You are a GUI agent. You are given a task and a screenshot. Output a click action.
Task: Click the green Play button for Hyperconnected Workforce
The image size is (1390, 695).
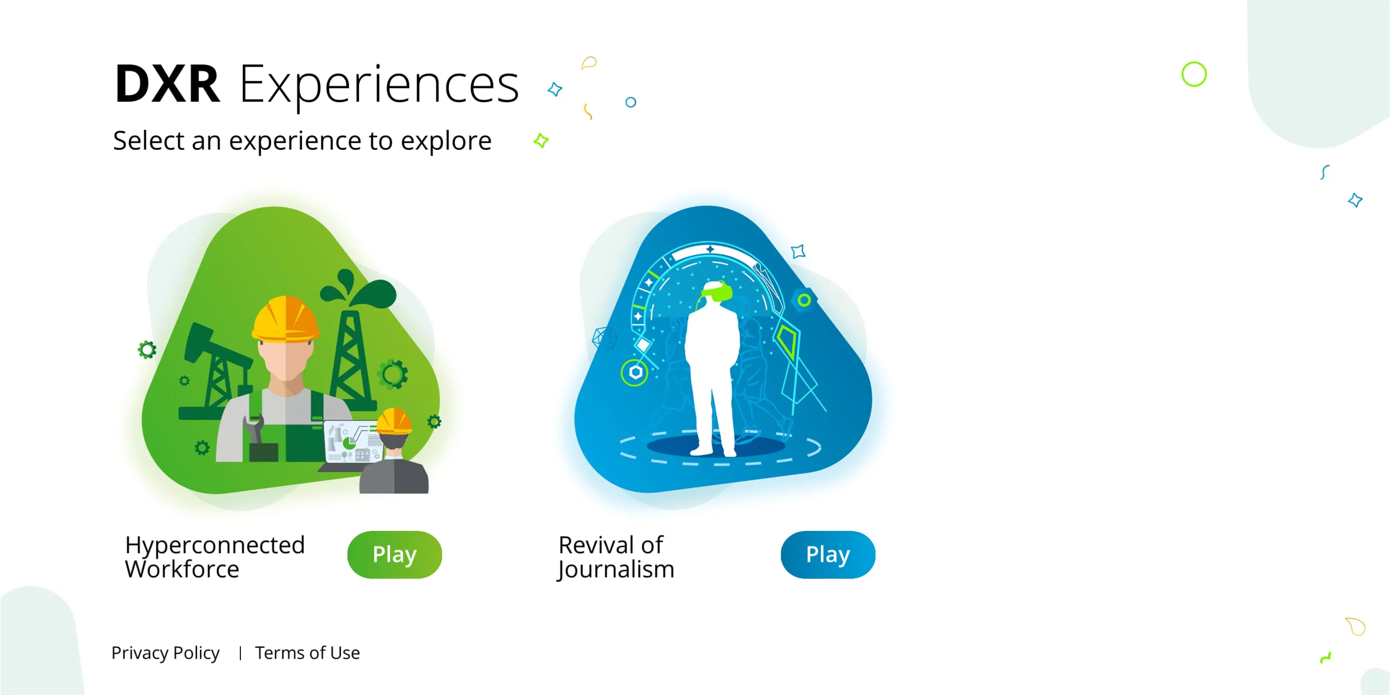click(x=394, y=554)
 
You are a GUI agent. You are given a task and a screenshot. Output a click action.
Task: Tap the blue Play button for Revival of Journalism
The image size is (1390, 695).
click(x=828, y=554)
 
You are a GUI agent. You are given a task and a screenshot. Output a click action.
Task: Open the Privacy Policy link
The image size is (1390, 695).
click(x=165, y=653)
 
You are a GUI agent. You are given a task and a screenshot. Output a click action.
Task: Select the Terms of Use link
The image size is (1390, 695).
click(x=307, y=653)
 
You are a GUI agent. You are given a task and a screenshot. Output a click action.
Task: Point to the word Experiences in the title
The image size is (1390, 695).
click(x=379, y=85)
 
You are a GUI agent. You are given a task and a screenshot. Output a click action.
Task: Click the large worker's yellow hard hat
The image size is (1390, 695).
click(x=285, y=320)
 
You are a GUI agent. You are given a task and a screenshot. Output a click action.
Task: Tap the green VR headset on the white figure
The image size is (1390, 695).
click(x=717, y=292)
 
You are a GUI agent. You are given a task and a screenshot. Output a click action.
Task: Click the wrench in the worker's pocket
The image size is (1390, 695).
click(x=253, y=428)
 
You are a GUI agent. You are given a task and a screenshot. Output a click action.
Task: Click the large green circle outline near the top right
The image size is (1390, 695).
click(x=1194, y=74)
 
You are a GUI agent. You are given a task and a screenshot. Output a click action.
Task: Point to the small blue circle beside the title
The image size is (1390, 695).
click(x=630, y=102)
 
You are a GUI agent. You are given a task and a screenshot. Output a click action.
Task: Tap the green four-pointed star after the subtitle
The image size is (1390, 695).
click(x=541, y=141)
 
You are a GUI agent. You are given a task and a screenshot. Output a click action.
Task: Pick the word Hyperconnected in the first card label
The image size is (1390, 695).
click(x=215, y=545)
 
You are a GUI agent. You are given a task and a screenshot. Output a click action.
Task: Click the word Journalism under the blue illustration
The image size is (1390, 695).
click(x=616, y=570)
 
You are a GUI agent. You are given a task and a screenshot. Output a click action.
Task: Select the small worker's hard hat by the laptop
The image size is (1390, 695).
click(x=393, y=421)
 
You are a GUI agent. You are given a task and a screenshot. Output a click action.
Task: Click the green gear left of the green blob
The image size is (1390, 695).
click(x=147, y=349)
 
